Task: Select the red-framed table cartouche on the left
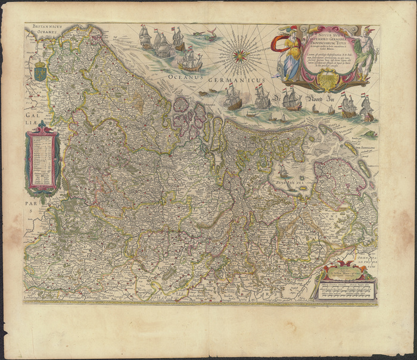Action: pos(42,162)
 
